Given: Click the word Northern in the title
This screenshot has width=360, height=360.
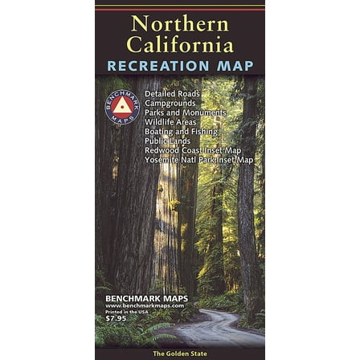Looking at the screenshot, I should coord(179,22).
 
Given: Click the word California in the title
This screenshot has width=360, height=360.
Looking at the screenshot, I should coord(179,43).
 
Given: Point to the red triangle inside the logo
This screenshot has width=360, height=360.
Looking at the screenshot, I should coord(121,104).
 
